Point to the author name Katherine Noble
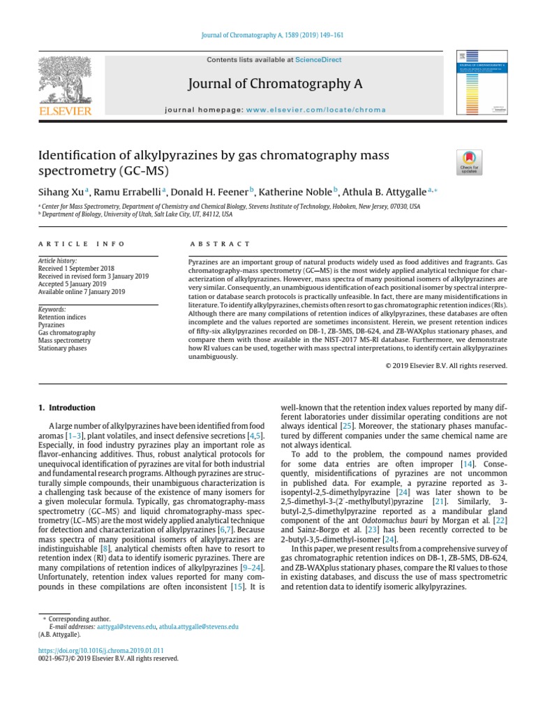[298, 191]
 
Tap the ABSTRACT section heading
[220, 244]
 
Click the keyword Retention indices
[63, 317]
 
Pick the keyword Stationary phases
[63, 348]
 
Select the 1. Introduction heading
[66, 408]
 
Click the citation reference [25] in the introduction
[346, 425]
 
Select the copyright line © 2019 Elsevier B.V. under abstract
[447, 365]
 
